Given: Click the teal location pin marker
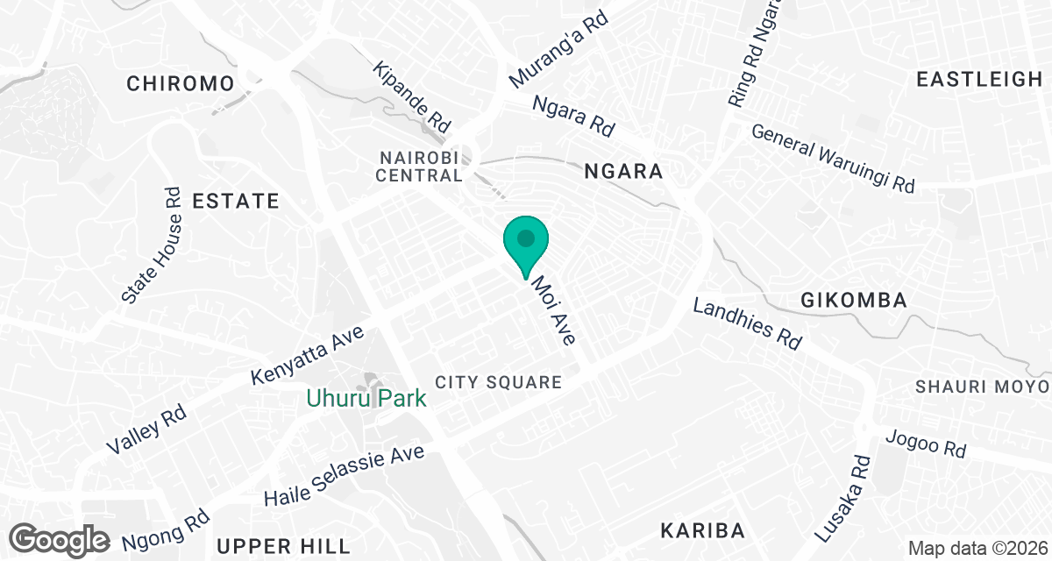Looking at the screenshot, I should pyautogui.click(x=525, y=243).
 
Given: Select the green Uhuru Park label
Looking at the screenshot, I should pyautogui.click(x=366, y=399).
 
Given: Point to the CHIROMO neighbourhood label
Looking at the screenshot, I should pyautogui.click(x=181, y=84).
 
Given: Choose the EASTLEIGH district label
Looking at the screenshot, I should pyautogui.click(x=978, y=80).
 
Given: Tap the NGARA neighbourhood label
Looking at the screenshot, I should pyautogui.click(x=623, y=172).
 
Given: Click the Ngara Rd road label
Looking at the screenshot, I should pyautogui.click(x=574, y=116).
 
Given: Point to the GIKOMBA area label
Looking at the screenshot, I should pyautogui.click(x=853, y=301).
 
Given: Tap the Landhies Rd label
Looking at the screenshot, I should pyautogui.click(x=748, y=323).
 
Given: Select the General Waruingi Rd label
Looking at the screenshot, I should pyautogui.click(x=833, y=159).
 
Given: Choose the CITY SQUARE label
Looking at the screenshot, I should pyautogui.click(x=498, y=383).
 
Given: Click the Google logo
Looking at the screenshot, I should pyautogui.click(x=60, y=538).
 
